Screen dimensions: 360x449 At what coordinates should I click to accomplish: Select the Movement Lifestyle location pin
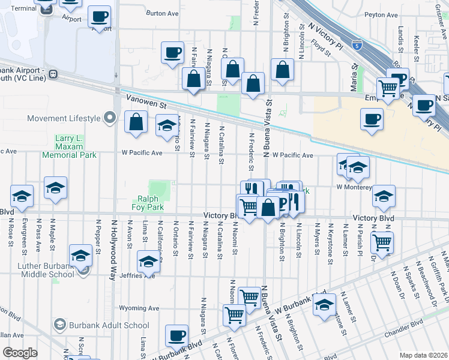coord(109,118)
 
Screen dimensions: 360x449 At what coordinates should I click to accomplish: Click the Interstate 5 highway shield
coord(357,44)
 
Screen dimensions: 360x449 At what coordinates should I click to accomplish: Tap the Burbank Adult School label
coord(108,325)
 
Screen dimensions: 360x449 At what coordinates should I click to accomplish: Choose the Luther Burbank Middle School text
coord(37,269)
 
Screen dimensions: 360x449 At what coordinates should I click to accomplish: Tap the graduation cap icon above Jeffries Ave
coord(148,261)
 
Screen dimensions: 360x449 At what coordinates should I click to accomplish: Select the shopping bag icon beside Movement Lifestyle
coord(136,122)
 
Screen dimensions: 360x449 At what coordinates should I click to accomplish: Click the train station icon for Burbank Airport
coord(53,74)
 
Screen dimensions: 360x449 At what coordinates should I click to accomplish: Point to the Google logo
coord(19,353)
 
